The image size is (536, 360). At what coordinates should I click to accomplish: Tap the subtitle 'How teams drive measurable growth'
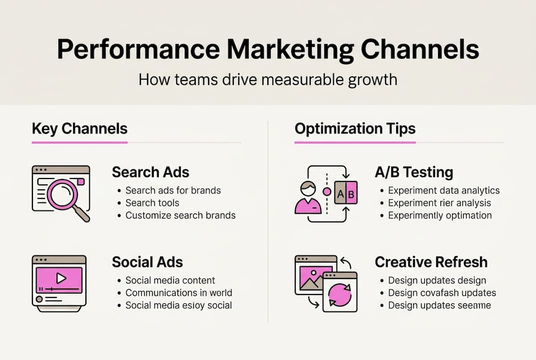click(x=268, y=79)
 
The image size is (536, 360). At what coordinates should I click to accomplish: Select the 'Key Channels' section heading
click(x=79, y=129)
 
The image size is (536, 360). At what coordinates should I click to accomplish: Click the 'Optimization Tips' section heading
click(x=355, y=129)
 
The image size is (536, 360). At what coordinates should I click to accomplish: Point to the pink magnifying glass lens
click(x=62, y=194)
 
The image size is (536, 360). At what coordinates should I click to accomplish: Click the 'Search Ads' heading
click(x=150, y=172)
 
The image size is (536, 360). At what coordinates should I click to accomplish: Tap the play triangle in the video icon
click(x=61, y=278)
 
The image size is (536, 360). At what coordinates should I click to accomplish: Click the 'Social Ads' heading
click(x=147, y=262)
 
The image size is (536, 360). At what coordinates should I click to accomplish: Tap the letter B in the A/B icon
click(x=351, y=194)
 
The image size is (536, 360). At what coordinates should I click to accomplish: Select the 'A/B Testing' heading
click(x=414, y=172)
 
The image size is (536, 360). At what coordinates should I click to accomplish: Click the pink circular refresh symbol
click(x=340, y=295)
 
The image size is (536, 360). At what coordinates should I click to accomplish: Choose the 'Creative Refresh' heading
click(x=431, y=262)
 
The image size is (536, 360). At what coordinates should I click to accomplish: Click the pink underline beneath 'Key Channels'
click(x=79, y=142)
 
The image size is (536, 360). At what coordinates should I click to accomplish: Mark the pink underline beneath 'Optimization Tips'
click(x=355, y=142)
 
